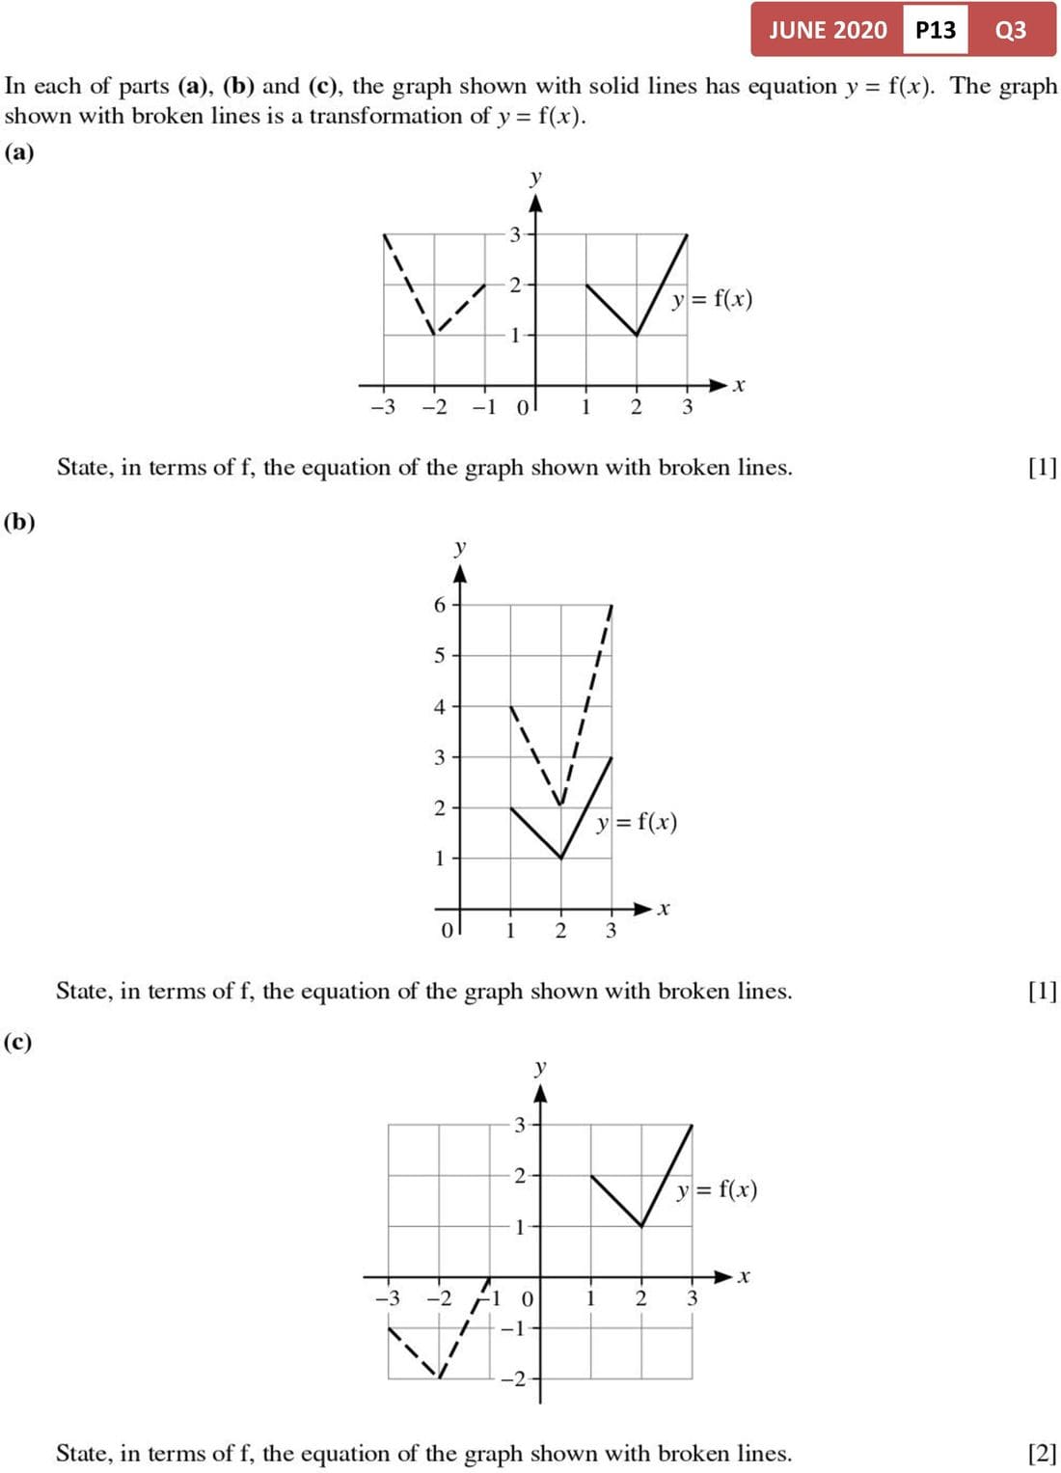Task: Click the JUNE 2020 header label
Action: click(x=828, y=30)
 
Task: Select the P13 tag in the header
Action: click(x=936, y=30)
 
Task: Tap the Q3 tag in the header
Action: click(x=1010, y=30)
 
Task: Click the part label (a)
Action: click(x=19, y=152)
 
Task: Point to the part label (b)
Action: click(x=19, y=522)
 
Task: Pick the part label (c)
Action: click(x=18, y=1042)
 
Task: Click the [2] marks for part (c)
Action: click(x=1042, y=1453)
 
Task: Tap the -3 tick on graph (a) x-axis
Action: click(x=383, y=407)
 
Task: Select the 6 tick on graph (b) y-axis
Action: click(x=440, y=605)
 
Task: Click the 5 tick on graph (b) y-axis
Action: click(x=440, y=656)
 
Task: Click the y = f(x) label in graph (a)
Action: click(x=712, y=299)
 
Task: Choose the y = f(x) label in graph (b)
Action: click(x=637, y=822)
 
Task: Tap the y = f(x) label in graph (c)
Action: click(x=717, y=1189)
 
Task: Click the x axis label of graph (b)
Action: click(x=664, y=909)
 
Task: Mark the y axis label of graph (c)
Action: click(x=540, y=1067)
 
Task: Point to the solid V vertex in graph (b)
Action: click(x=560, y=858)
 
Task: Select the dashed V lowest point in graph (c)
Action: click(x=440, y=1378)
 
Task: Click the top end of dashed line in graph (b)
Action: click(x=612, y=606)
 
